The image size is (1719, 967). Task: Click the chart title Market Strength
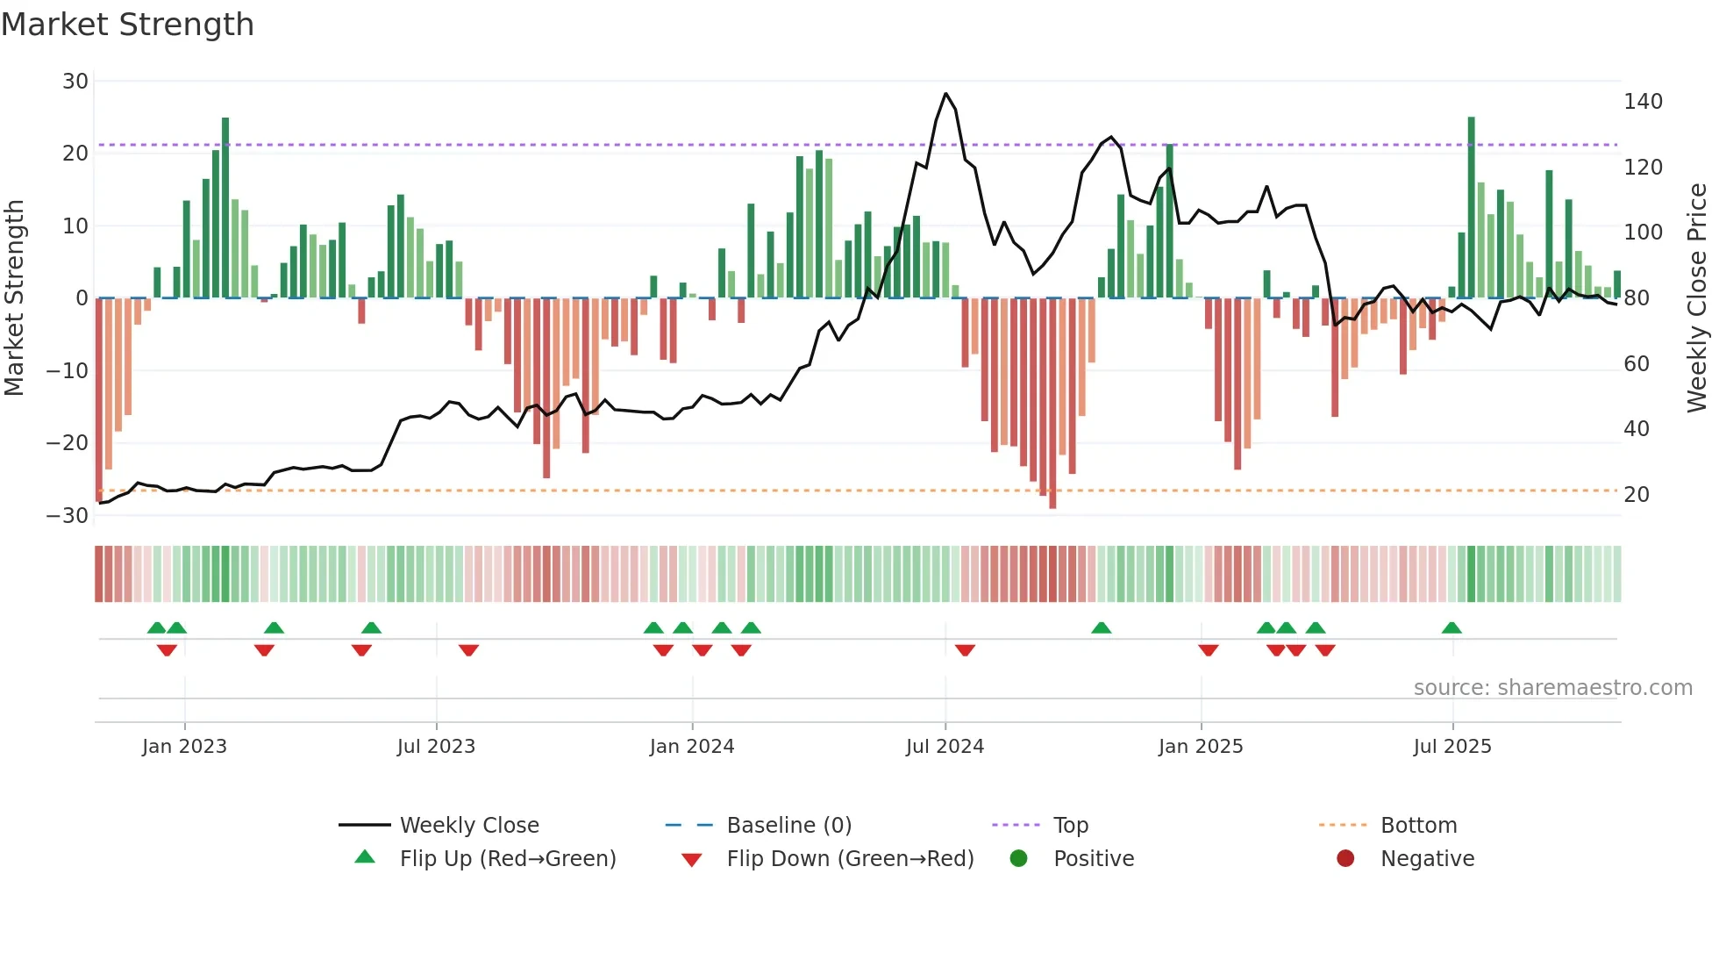127,25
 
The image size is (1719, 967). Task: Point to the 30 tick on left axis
75,82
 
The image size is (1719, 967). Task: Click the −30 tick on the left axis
68,515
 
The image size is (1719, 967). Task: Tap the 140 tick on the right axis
1643,102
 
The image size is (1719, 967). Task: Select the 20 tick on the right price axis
1637,495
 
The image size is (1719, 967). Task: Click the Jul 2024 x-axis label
945,747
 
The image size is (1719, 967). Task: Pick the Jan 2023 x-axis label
184,747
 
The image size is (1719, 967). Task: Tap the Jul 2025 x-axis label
1452,747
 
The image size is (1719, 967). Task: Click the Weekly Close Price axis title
1697,298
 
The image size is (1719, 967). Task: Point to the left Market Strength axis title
15,298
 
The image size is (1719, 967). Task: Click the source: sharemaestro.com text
1552,688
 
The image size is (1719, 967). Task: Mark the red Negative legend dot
1345,858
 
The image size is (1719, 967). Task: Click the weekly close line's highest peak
945,94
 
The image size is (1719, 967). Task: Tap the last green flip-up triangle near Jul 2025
1452,628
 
